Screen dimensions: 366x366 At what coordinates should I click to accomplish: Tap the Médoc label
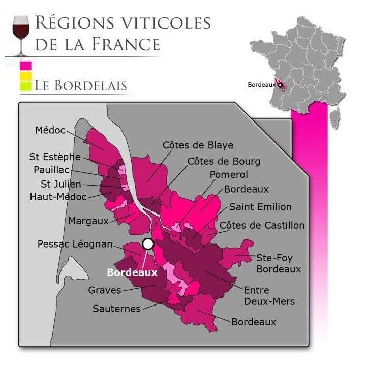(x=50, y=130)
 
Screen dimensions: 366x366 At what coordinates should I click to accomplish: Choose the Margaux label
(x=88, y=221)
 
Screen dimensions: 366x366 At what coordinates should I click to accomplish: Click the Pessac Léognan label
(x=75, y=245)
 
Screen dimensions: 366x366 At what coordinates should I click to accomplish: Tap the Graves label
(x=105, y=290)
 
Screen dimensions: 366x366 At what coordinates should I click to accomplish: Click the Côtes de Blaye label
(x=198, y=145)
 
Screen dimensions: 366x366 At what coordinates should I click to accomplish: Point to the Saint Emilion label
(x=260, y=207)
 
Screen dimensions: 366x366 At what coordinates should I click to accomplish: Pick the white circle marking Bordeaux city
(x=148, y=244)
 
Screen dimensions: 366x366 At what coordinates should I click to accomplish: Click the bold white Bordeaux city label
(x=132, y=272)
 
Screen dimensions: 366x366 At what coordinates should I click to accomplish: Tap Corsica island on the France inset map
(x=334, y=118)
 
